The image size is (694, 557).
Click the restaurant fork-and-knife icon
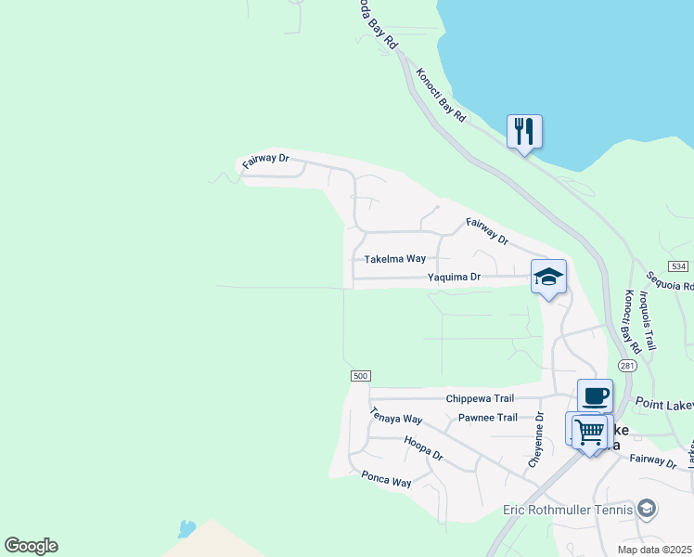pyautogui.click(x=524, y=132)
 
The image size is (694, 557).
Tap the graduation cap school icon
pyautogui.click(x=548, y=277)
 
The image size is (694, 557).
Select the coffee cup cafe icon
pyautogui.click(x=595, y=396)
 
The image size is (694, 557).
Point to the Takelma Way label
pyautogui.click(x=394, y=259)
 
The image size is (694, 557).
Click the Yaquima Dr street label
pyautogui.click(x=454, y=277)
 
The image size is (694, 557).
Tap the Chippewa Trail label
pyautogui.click(x=480, y=398)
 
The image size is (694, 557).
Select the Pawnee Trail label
pyautogui.click(x=488, y=418)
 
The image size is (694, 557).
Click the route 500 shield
pyautogui.click(x=361, y=375)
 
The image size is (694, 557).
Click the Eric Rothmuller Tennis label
pyautogui.click(x=568, y=509)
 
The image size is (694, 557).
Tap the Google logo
pyautogui.click(x=31, y=546)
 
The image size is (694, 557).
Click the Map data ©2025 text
pyautogui.click(x=653, y=550)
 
